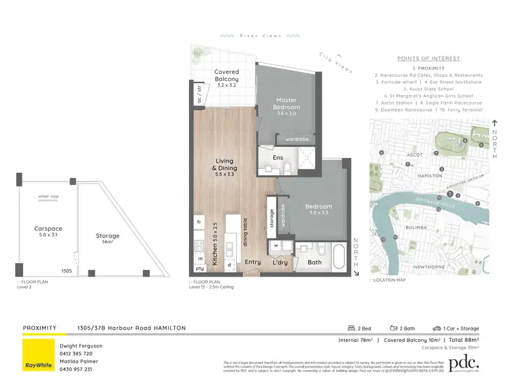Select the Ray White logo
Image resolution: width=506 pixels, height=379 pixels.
pos(38,354)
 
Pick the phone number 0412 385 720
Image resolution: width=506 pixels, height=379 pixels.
pos(77,353)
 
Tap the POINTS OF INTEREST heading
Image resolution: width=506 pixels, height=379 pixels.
pos(430,59)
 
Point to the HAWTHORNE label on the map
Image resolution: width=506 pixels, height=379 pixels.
pos(429,267)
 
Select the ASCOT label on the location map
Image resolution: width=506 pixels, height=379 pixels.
pos(414,154)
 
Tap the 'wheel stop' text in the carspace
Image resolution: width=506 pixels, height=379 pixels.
pos(48,198)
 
